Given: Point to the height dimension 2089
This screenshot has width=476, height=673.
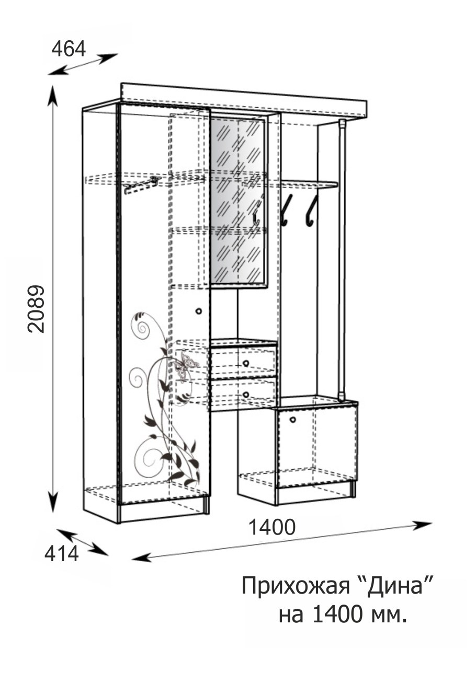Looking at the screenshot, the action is click(36, 309).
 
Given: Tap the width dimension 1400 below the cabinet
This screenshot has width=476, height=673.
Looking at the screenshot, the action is click(272, 527).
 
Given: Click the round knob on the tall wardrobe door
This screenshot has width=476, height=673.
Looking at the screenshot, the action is click(198, 311).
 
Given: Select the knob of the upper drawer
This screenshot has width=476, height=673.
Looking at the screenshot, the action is click(246, 364).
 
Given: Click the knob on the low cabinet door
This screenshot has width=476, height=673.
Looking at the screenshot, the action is click(292, 420).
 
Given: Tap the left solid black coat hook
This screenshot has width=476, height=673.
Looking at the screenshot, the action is click(287, 210).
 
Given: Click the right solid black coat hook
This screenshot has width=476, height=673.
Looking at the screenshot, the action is click(312, 210).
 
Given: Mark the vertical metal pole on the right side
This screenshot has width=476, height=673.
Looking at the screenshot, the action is click(342, 260).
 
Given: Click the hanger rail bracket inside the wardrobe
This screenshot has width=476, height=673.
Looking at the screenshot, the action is click(141, 184).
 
